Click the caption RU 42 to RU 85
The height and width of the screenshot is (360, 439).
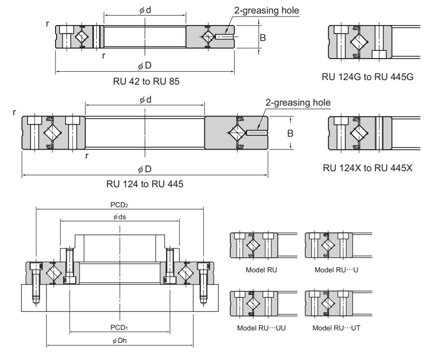pyautogui.click(x=144, y=83)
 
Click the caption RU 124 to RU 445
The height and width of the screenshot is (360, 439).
pyautogui.click(x=145, y=184)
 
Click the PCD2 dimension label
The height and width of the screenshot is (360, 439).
pyautogui.click(x=120, y=204)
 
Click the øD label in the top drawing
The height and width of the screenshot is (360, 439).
pyautogui.click(x=144, y=67)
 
